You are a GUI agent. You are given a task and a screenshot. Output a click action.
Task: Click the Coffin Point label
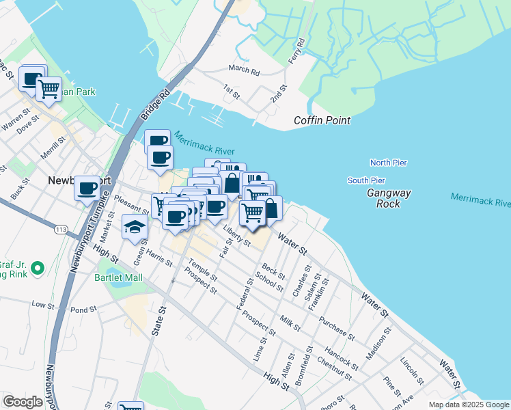pyautogui.click(x=322, y=120)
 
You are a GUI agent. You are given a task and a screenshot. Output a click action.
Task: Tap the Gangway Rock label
pyautogui.click(x=389, y=198)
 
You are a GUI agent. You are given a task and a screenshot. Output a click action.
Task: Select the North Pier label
pyautogui.click(x=388, y=163)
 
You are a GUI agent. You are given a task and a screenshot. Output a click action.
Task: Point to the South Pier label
pyautogui.click(x=366, y=180)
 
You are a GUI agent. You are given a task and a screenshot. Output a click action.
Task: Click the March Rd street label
pyautogui.click(x=245, y=70)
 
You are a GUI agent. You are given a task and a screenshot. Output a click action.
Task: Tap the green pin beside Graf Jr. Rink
pyautogui.click(x=38, y=269)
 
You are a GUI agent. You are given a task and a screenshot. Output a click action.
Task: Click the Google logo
pyautogui.click(x=23, y=401)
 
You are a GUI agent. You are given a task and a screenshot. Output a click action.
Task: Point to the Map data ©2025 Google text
pyautogui.click(x=468, y=405)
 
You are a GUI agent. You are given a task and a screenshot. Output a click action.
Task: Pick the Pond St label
pyautogui.click(x=84, y=310)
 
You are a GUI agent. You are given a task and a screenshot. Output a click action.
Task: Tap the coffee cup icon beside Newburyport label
pyautogui.click(x=87, y=188)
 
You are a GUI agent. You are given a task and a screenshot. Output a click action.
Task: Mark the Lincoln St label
pyautogui.click(x=413, y=370)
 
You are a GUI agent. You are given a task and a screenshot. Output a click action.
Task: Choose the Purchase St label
pyautogui.click(x=340, y=331)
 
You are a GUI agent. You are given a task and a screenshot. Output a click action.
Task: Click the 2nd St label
pyautogui.click(x=277, y=94)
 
